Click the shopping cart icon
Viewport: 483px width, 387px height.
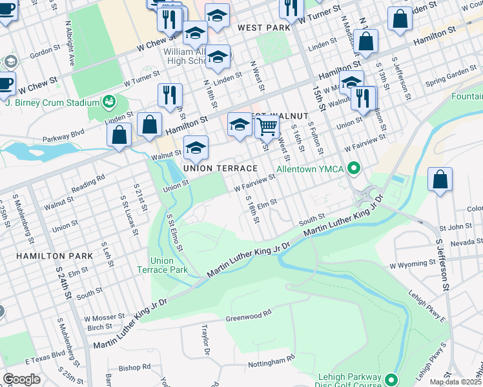point(267,126)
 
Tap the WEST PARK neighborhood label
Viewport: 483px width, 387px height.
point(264,28)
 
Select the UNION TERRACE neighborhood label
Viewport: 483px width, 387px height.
point(220,168)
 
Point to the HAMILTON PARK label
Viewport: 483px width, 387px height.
point(55,256)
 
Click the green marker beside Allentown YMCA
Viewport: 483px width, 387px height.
point(353,170)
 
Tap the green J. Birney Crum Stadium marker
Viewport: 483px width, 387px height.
point(108,101)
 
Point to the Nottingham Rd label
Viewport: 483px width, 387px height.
point(272,357)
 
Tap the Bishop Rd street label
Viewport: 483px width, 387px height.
point(134,367)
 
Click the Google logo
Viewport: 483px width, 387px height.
point(21,379)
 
